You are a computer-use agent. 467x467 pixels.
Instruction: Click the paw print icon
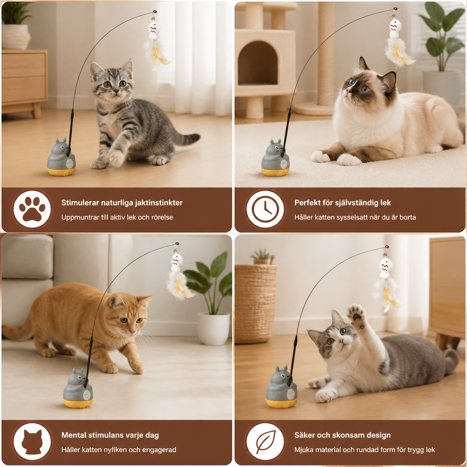tap(32, 209)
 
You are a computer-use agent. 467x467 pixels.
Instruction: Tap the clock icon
tap(265, 209)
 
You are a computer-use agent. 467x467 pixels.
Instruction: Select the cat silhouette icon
tap(32, 442)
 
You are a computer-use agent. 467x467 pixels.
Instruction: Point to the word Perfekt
tap(306, 203)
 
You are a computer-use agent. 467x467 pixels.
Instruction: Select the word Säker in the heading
tap(304, 435)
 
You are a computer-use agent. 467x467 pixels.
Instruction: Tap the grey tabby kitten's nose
tap(115, 90)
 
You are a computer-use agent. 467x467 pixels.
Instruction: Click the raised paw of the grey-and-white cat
tap(357, 315)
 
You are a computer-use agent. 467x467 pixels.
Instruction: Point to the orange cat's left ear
tap(115, 301)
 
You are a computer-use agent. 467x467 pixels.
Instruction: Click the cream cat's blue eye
tap(366, 89)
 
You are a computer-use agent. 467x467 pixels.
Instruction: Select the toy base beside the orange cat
tap(78, 388)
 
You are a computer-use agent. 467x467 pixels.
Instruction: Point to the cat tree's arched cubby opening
tap(258, 63)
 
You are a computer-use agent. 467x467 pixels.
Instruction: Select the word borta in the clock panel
tap(407, 217)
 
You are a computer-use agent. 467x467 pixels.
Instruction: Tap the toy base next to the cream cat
tap(275, 157)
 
